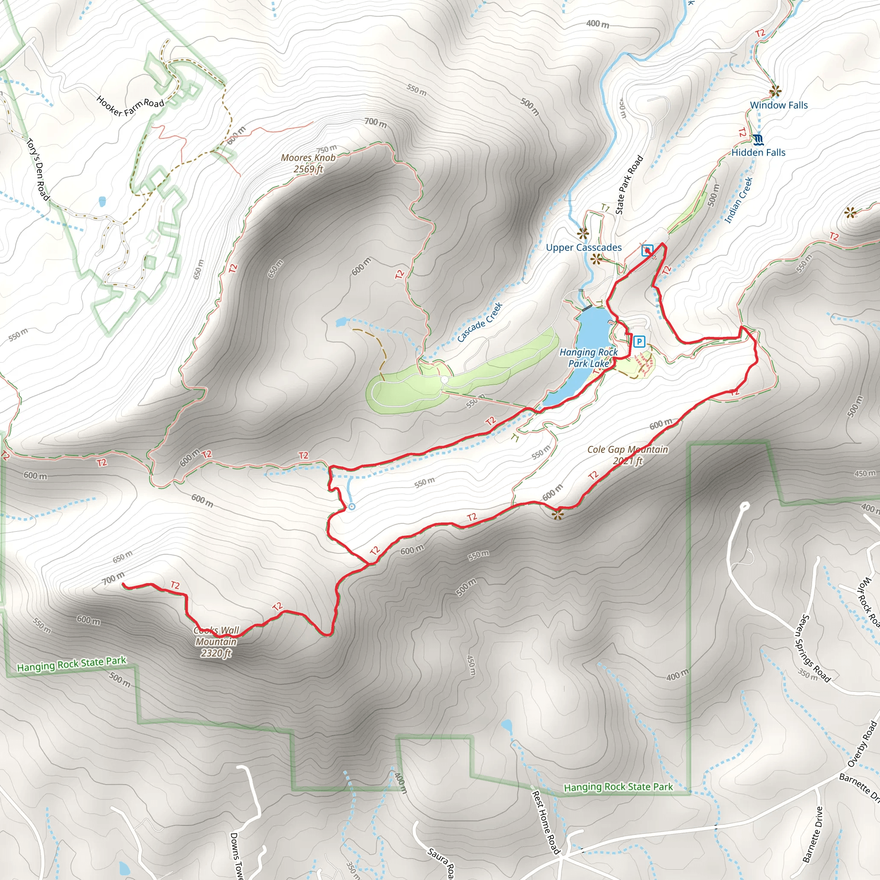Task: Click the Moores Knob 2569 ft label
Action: pos(309,163)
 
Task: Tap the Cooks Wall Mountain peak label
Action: pos(217,642)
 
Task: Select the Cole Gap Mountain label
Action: pos(627,455)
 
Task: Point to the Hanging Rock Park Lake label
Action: pos(588,357)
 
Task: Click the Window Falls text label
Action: pos(779,105)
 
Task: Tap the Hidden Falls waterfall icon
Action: pos(758,139)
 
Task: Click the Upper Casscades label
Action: pos(584,247)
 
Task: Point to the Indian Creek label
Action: pos(738,200)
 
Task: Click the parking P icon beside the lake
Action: pos(639,342)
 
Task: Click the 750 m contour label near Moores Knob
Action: pos(327,149)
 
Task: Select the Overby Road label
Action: pos(862,743)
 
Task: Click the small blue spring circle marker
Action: pos(351,507)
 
